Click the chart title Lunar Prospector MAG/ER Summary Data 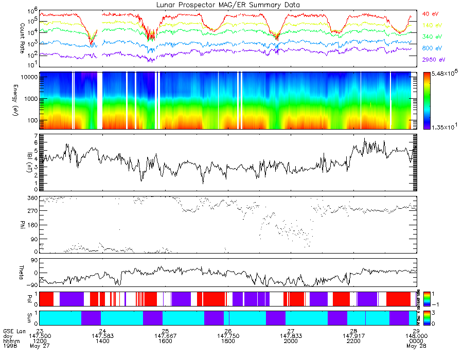228,5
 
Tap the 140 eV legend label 431,25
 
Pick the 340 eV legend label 431,37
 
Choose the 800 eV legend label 431,48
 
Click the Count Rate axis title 22,34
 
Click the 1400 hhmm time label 103,341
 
